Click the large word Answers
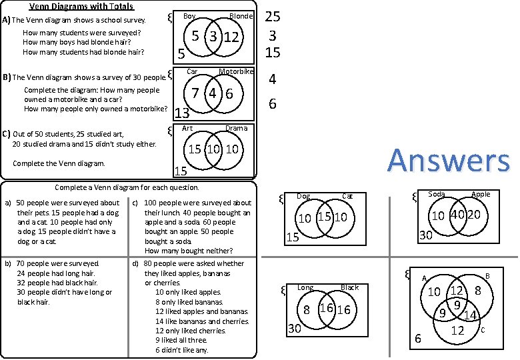[449, 161]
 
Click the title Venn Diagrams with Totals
[81, 7]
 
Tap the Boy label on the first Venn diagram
[189, 16]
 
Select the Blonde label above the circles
[241, 16]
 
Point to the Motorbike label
[236, 71]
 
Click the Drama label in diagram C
[236, 128]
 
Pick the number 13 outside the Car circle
[181, 113]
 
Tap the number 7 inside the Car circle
[195, 93]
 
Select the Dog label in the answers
[303, 196]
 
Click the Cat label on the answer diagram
[347, 196]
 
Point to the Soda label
[437, 195]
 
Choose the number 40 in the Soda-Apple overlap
[457, 215]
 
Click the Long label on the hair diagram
[305, 288]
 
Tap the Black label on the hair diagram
[349, 288]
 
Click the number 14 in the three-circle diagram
[469, 315]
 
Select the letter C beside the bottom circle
[482, 330]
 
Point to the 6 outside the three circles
[418, 339]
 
